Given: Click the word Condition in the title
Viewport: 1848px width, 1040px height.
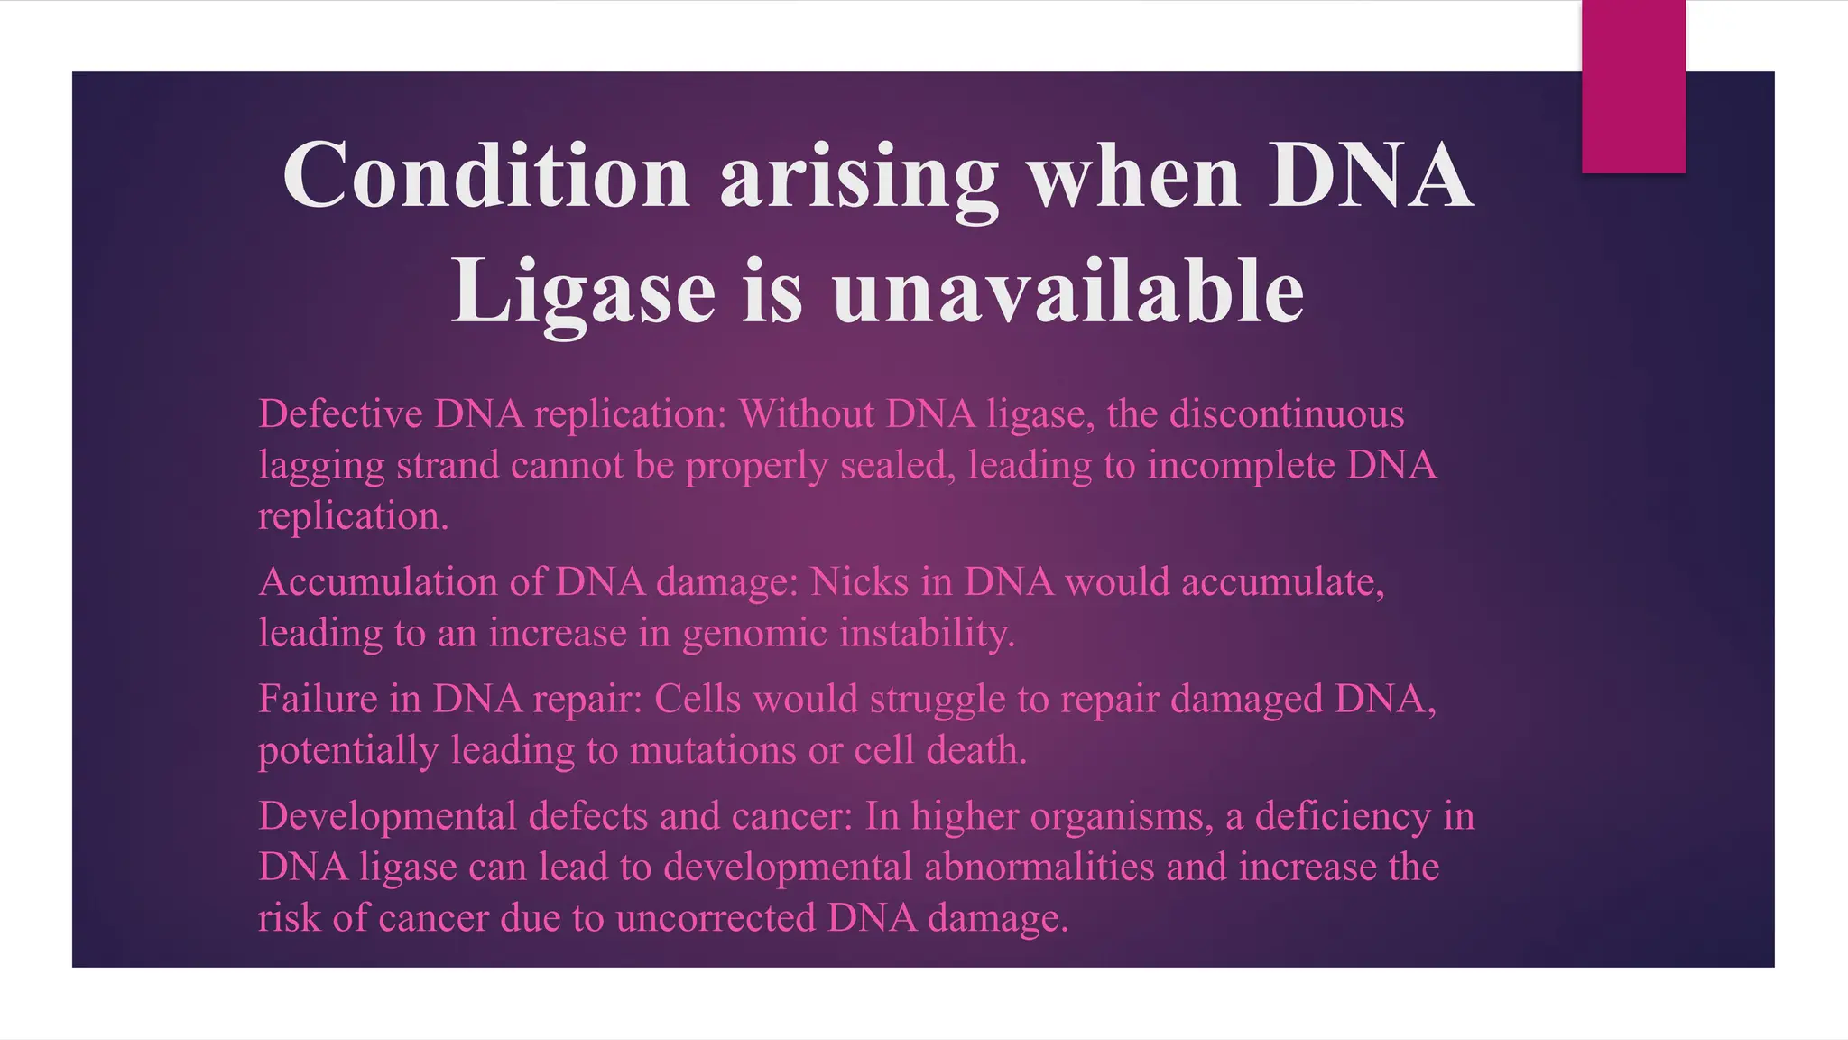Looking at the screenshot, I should pyautogui.click(x=486, y=176).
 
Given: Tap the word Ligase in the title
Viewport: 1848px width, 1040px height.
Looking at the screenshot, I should pyautogui.click(x=583, y=292).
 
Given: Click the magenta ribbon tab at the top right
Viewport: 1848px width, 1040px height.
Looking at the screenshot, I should pyautogui.click(x=1633, y=87).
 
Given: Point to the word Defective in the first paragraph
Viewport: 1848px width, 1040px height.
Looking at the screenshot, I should pyautogui.click(x=340, y=414).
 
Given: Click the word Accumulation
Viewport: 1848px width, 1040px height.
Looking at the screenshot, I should pyautogui.click(x=378, y=582).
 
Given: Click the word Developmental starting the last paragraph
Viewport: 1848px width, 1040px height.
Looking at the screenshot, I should pyautogui.click(x=387, y=817).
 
